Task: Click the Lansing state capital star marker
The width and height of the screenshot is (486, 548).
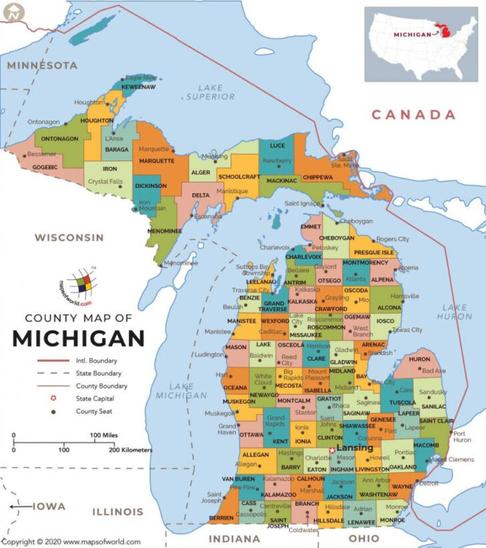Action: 332,450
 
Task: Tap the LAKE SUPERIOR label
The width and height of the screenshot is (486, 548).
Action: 210,92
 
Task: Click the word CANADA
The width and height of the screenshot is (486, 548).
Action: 413,115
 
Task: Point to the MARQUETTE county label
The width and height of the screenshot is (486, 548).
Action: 156,160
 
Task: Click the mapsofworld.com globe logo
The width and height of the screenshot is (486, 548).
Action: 78,285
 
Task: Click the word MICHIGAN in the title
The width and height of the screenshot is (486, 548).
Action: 78,337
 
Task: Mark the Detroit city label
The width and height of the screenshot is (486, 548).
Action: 429,483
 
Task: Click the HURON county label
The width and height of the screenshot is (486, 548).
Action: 419,360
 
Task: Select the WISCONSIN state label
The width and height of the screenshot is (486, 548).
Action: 69,237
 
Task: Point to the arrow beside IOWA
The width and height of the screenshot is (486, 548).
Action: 20,507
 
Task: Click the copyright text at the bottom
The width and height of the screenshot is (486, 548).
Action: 71,542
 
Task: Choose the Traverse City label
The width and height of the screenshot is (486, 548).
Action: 250,290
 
